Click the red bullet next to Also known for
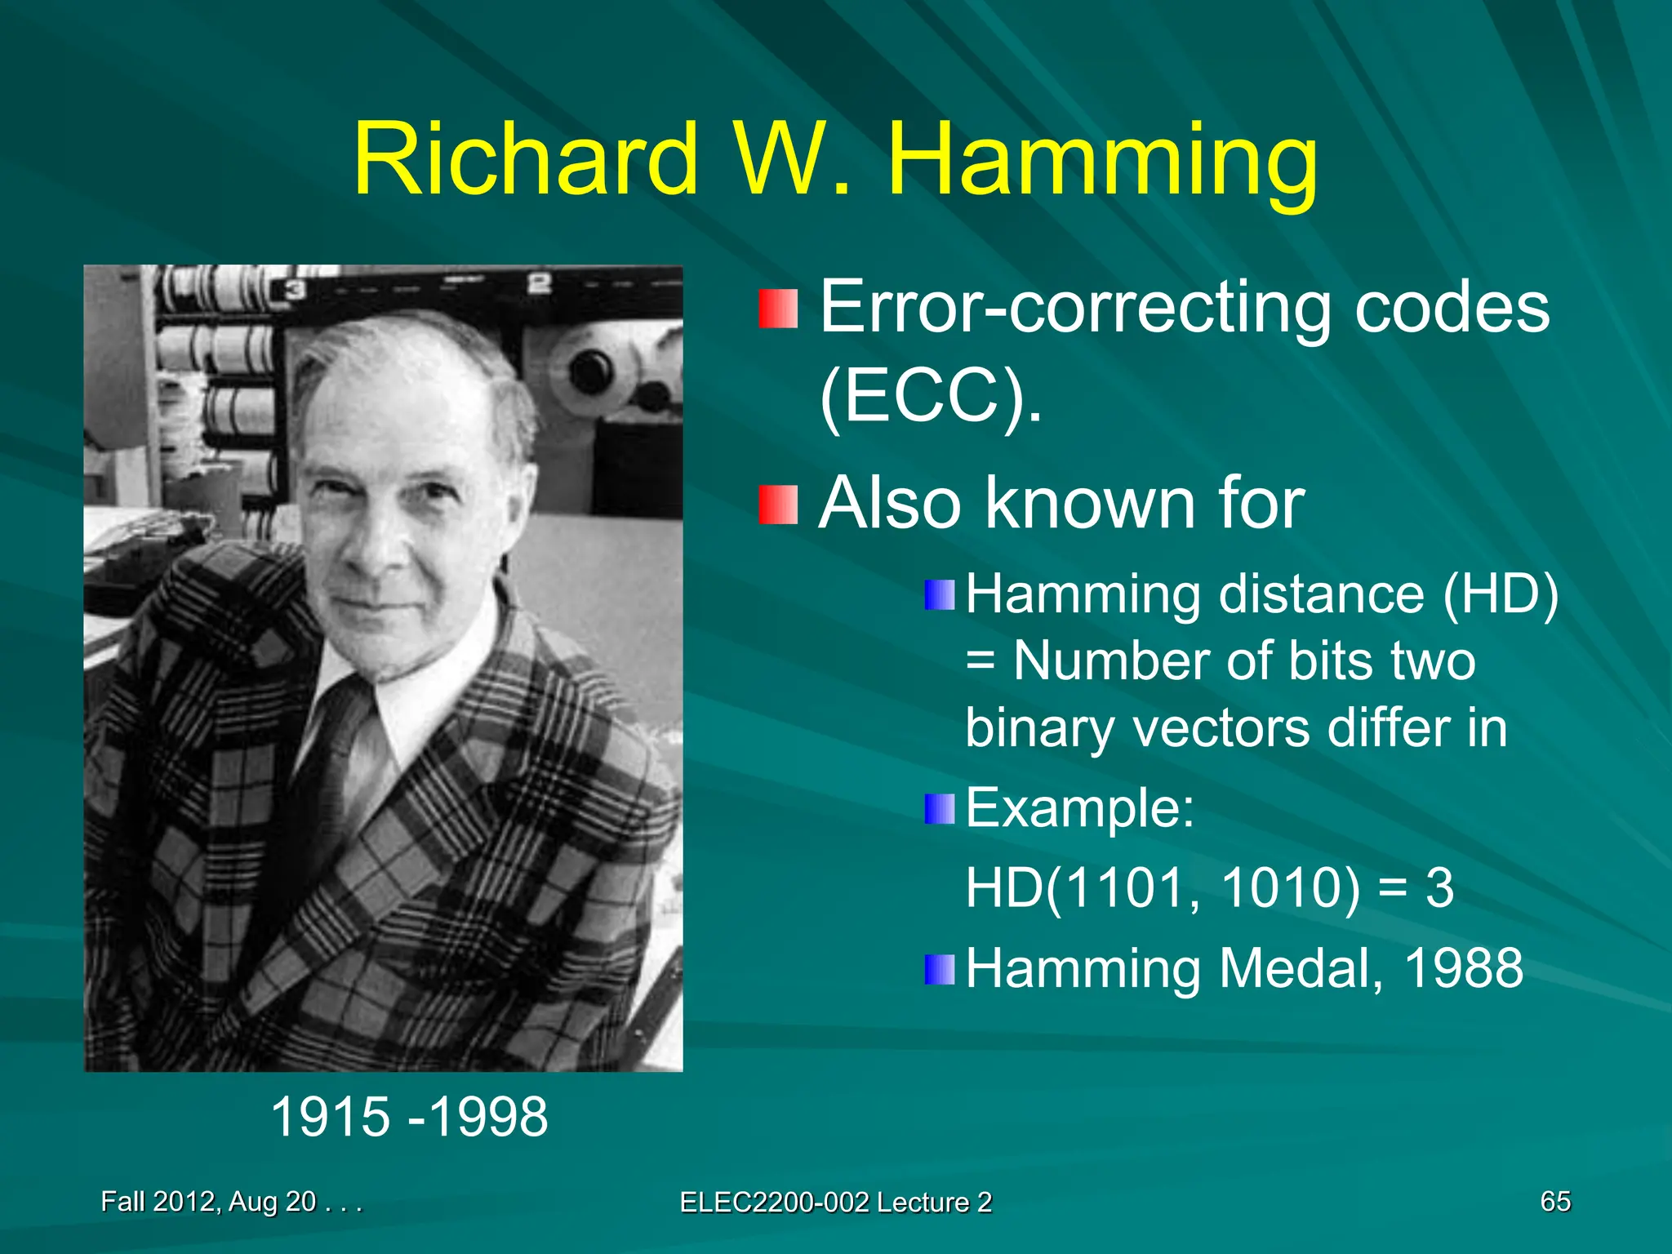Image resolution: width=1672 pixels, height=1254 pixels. click(x=777, y=505)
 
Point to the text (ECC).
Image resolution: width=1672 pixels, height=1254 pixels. click(x=931, y=398)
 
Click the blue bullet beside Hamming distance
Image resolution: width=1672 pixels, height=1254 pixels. click(x=939, y=594)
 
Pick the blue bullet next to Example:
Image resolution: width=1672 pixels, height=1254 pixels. click(x=939, y=809)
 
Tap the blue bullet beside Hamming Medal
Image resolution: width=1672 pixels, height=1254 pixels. click(x=939, y=969)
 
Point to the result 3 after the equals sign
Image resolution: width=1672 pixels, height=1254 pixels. click(x=1439, y=888)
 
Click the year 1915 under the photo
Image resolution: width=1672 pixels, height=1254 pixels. click(x=330, y=1117)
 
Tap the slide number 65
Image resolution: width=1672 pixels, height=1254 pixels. click(x=1554, y=1201)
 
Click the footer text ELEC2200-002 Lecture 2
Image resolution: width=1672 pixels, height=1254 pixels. click(x=835, y=1202)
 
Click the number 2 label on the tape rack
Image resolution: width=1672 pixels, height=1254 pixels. click(x=539, y=285)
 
